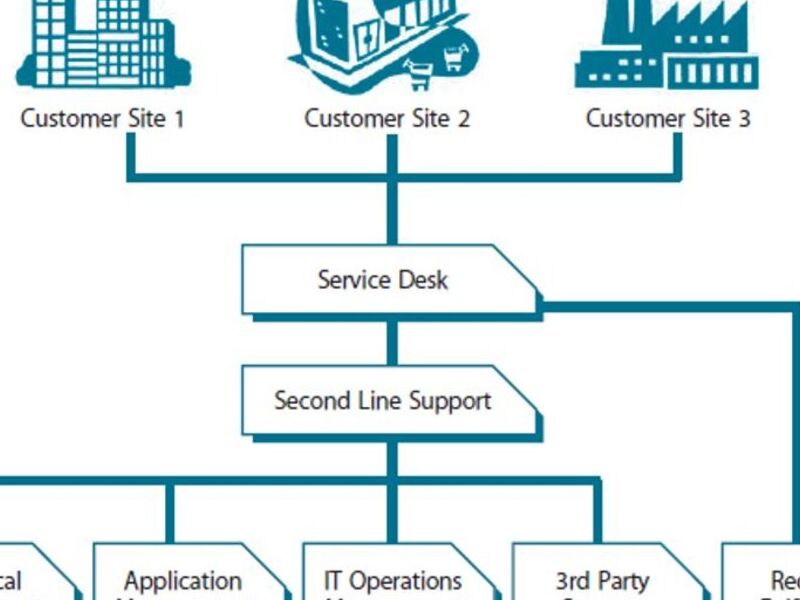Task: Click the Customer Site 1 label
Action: (102, 119)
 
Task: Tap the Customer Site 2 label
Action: (387, 119)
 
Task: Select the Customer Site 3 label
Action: (668, 119)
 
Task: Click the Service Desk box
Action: (385, 279)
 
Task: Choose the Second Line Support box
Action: (384, 401)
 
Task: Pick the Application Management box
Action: (180, 580)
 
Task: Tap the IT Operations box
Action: (393, 580)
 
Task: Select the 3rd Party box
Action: (602, 580)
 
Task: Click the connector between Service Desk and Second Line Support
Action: (392, 342)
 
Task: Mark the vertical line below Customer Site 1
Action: (130, 155)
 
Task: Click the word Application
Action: (183, 581)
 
